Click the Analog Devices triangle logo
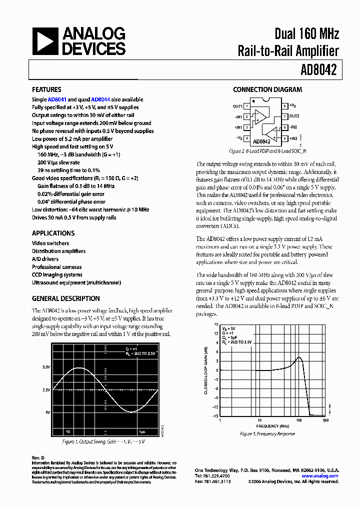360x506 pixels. coord(45,41)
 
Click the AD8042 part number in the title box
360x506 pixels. coord(320,70)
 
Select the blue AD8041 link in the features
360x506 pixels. coord(57,99)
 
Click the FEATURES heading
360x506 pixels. coord(46,89)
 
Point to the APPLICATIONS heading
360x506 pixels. coord(53,233)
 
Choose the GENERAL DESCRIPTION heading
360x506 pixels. coord(65,298)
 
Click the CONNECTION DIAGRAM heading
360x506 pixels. coord(267,89)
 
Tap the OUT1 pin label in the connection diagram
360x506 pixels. coord(237,106)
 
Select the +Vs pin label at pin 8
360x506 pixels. coord(295,106)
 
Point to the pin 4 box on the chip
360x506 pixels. coord(246,138)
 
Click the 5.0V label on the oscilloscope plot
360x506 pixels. coord(46,367)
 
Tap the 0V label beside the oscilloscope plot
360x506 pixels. coord(47,412)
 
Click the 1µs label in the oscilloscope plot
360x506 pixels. coord(142,431)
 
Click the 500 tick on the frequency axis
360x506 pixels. coord(326,420)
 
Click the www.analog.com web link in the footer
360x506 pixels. coord(320,476)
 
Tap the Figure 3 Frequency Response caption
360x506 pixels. coord(267,434)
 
